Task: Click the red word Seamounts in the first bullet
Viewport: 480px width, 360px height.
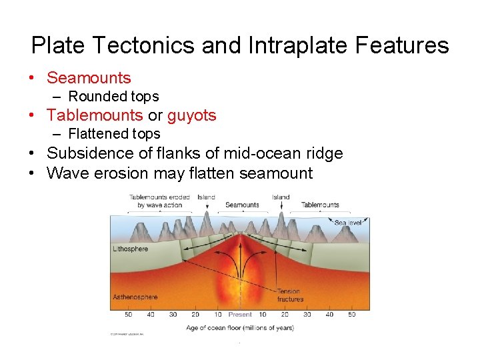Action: (x=89, y=78)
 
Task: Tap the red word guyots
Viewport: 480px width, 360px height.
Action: (x=191, y=115)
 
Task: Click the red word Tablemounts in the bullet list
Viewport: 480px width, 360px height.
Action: (x=95, y=115)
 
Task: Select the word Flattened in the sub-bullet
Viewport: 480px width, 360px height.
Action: (x=100, y=133)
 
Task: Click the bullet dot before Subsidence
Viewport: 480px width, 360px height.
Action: (x=32, y=153)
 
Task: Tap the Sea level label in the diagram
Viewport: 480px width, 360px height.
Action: (x=349, y=222)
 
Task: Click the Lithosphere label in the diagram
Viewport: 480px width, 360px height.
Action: (x=130, y=249)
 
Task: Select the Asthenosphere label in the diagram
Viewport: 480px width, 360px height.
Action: (x=135, y=297)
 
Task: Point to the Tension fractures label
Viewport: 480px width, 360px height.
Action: (x=289, y=295)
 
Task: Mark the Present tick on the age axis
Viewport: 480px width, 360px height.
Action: (x=240, y=314)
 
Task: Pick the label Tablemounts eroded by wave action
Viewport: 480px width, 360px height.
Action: (x=159, y=201)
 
